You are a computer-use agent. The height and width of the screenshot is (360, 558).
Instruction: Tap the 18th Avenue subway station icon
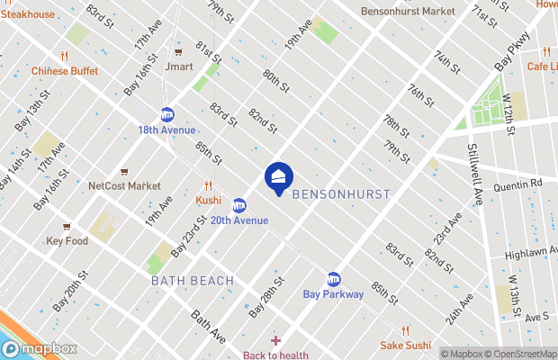click(166, 114)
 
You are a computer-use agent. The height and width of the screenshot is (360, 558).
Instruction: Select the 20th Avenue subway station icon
click(239, 204)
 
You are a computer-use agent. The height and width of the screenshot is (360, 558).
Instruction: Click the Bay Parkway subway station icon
click(334, 279)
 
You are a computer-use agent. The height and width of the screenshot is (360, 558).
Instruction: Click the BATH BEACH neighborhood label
click(193, 281)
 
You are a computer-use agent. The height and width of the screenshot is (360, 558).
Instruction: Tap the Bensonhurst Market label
click(407, 12)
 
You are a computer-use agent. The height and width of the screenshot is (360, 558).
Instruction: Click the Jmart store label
click(179, 65)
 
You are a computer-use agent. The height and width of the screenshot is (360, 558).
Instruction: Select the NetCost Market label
click(124, 186)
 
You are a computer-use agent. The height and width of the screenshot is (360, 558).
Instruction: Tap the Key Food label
click(67, 241)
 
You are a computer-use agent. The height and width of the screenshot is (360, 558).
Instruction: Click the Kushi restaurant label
click(209, 199)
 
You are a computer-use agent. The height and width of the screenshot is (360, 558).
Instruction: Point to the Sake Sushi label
click(406, 345)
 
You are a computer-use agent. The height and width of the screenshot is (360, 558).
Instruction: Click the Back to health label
click(275, 355)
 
